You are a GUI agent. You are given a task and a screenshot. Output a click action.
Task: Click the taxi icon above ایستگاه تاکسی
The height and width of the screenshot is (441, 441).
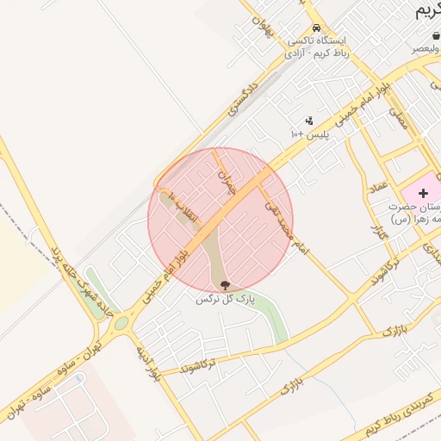click(317, 28)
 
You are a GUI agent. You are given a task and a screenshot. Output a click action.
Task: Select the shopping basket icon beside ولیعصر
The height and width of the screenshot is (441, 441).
click(436, 35)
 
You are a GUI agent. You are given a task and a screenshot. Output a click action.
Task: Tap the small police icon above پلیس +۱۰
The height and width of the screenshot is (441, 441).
click(309, 121)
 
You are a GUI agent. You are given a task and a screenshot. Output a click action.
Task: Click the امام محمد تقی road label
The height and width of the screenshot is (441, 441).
click(288, 224)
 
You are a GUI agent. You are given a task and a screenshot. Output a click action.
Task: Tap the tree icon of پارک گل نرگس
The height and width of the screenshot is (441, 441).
click(226, 285)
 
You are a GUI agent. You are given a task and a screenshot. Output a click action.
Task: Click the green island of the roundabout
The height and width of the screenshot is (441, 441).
click(118, 324)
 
